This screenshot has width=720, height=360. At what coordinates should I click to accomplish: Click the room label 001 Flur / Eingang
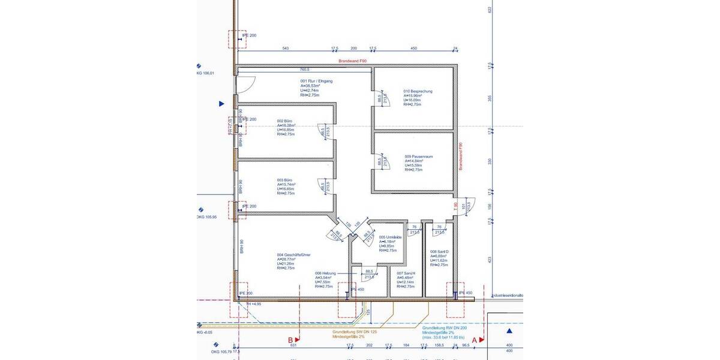coord(316,81)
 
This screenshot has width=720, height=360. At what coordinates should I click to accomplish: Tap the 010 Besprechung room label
coord(418,92)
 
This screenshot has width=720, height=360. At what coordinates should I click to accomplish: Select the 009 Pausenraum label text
coord(418,157)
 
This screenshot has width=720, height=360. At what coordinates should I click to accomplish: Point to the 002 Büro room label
coord(284,121)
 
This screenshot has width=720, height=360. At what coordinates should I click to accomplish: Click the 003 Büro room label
coord(284,180)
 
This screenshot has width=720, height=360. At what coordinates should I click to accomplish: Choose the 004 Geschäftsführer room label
coord(293,255)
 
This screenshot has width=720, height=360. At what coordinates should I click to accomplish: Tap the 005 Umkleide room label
coord(389,237)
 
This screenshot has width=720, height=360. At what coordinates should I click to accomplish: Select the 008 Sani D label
coord(439,252)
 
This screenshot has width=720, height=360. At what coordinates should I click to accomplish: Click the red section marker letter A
coord(474,339)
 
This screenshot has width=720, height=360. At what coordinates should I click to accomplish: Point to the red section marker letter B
coord(290,339)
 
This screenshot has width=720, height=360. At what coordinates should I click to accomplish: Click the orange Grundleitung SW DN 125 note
coord(355,331)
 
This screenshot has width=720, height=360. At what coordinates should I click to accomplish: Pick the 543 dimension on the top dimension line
coord(286,48)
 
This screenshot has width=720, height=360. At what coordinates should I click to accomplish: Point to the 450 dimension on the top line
coord(413,48)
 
